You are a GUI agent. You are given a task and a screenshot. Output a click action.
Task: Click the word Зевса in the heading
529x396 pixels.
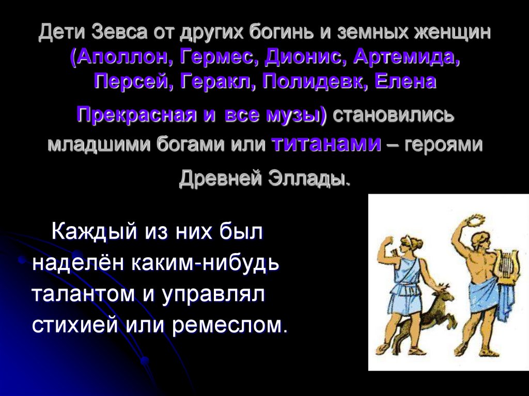(x=120, y=35)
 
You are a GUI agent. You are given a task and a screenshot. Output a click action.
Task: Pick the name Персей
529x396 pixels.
(x=133, y=81)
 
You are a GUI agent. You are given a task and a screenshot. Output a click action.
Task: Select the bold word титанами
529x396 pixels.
(x=326, y=144)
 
